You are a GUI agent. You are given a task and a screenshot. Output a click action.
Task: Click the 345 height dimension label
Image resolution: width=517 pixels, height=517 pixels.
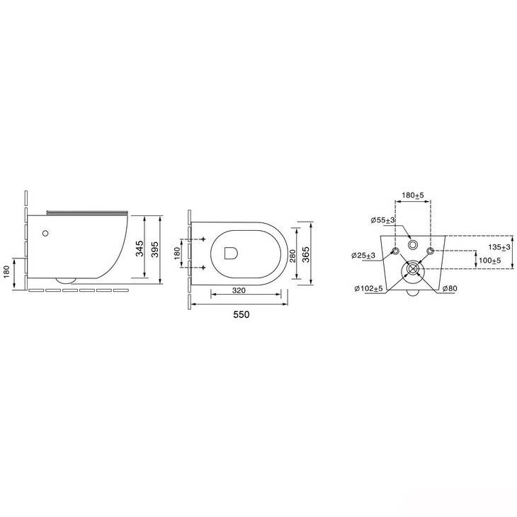[x=140, y=249]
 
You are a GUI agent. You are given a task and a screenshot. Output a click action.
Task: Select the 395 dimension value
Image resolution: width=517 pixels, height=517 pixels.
[x=155, y=249]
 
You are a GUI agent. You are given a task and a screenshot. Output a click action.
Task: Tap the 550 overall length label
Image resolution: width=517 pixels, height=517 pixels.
[x=242, y=314]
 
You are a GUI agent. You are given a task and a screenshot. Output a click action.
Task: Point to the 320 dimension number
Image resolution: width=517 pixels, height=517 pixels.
[x=239, y=290]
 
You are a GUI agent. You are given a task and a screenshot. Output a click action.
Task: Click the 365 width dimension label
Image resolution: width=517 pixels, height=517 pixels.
[x=307, y=254]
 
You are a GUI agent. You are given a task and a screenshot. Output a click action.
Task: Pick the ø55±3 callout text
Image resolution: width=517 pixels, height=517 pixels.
[x=383, y=220]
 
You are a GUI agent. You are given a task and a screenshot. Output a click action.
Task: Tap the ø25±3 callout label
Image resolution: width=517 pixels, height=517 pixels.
[x=363, y=256]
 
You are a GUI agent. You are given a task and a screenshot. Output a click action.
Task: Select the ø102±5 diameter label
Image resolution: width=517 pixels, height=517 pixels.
[x=368, y=289]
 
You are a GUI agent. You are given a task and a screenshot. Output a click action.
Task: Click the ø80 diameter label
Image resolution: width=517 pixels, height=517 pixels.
[x=450, y=288]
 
